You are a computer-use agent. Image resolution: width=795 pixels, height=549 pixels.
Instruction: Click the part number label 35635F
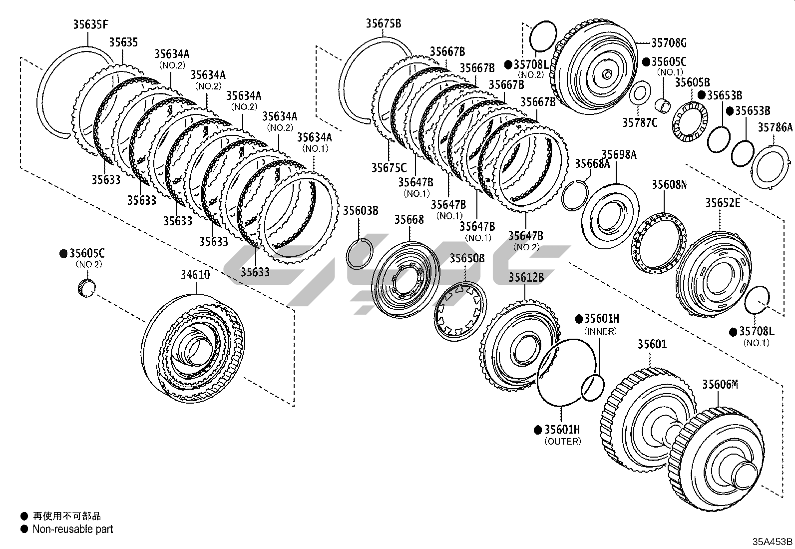click(x=90, y=24)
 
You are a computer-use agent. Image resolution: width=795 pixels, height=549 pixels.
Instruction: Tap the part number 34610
click(x=195, y=275)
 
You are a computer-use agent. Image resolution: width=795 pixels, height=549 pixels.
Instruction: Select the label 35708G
click(x=669, y=43)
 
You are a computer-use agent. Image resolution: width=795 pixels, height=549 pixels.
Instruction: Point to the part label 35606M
click(x=720, y=385)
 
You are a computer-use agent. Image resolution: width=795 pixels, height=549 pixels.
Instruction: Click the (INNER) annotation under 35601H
click(x=600, y=331)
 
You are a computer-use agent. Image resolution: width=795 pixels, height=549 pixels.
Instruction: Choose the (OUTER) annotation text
click(x=562, y=442)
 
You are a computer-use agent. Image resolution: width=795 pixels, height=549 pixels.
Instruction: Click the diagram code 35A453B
click(x=773, y=542)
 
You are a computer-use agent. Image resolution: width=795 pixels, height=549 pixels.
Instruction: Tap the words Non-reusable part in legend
click(x=73, y=529)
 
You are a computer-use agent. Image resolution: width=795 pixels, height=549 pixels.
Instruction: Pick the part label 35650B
click(x=467, y=258)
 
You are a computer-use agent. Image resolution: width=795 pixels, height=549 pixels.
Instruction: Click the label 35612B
click(x=526, y=277)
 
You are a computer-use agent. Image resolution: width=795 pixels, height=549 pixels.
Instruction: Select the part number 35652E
click(x=723, y=203)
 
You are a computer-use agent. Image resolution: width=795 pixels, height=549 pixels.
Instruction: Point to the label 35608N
click(x=669, y=185)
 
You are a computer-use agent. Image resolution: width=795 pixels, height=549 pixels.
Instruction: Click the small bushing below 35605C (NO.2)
click(x=87, y=289)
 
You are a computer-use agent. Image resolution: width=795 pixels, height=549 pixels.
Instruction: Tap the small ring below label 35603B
click(x=359, y=253)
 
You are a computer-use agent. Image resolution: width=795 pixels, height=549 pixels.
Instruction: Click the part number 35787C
click(x=640, y=121)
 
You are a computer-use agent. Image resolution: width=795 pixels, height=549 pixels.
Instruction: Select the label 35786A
click(x=775, y=128)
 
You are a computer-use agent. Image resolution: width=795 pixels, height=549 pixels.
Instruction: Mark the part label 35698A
click(x=619, y=155)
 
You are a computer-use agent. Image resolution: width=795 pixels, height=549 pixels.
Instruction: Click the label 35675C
click(x=389, y=168)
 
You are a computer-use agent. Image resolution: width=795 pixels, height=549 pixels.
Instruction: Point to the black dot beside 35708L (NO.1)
click(x=733, y=332)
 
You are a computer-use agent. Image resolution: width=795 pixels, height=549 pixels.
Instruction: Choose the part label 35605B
click(x=692, y=83)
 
